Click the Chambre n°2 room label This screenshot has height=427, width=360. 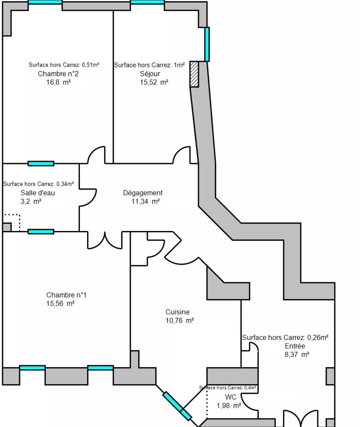pyautogui.click(x=58, y=74)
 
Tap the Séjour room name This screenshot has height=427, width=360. pyautogui.click(x=150, y=74)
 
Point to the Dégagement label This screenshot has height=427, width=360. pyautogui.click(x=143, y=193)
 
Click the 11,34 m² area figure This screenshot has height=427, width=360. pyautogui.click(x=146, y=202)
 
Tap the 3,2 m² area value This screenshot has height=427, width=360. pyautogui.click(x=31, y=202)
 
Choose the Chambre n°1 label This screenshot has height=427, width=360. pyautogui.click(x=66, y=295)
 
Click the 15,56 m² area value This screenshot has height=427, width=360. pyautogui.click(x=60, y=304)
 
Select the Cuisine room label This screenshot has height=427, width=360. pyautogui.click(x=177, y=312)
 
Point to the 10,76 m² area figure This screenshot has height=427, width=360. pyautogui.click(x=179, y=321)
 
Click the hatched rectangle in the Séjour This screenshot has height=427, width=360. pyautogui.click(x=194, y=75)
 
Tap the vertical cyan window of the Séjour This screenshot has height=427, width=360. pyautogui.click(x=207, y=44)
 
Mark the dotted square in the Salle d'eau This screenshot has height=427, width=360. pyautogui.click(x=12, y=222)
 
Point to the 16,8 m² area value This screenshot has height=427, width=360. pyautogui.click(x=58, y=83)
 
